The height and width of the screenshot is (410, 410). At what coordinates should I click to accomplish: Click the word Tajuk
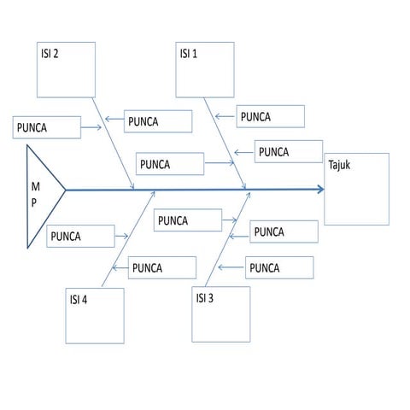point(339,165)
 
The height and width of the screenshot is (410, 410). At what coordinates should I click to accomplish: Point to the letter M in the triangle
point(36,187)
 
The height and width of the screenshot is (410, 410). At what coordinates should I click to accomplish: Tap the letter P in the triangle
point(34,202)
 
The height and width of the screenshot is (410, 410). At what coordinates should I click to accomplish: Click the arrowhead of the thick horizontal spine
point(321,189)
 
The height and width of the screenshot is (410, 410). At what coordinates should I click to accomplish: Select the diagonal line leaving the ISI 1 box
point(225,143)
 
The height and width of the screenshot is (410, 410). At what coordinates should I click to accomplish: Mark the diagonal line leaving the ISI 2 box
point(113,143)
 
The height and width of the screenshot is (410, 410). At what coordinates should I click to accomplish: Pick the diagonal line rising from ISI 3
point(228,239)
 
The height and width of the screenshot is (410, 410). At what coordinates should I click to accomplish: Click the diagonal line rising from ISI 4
point(128,239)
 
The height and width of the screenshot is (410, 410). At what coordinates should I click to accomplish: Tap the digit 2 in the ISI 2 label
point(56,54)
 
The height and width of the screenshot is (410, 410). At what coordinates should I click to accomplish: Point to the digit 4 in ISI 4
point(85,300)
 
